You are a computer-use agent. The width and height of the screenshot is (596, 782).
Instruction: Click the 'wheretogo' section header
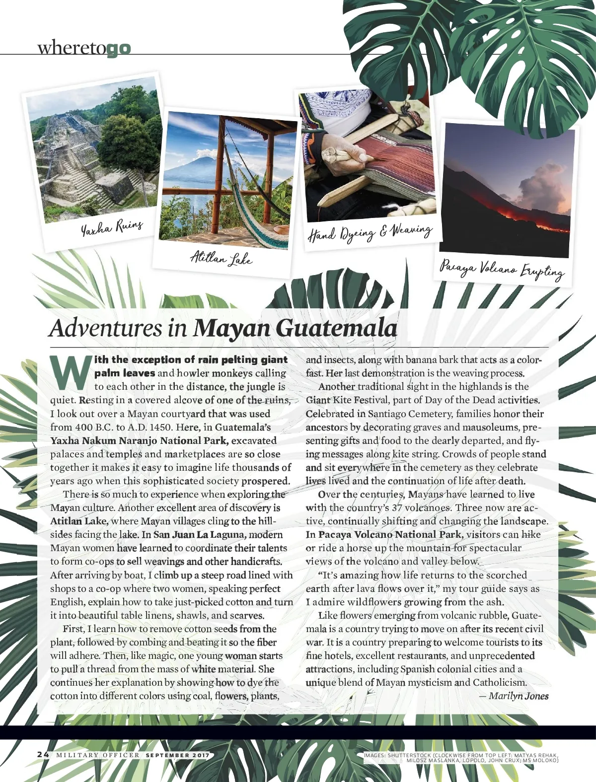(x=84, y=48)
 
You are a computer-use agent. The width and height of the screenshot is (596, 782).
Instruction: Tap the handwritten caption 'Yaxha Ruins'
(x=112, y=227)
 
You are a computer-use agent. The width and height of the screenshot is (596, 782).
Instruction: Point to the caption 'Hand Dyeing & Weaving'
(x=370, y=232)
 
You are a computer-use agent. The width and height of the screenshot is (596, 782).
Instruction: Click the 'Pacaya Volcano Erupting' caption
(x=502, y=270)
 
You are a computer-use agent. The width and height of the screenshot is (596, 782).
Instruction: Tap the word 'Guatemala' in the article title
(x=336, y=328)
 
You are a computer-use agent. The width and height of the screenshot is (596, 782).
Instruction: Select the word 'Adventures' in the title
(x=105, y=328)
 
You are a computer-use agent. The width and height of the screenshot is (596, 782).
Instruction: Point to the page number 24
(x=43, y=754)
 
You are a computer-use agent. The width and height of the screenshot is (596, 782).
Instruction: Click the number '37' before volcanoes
(x=397, y=507)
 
